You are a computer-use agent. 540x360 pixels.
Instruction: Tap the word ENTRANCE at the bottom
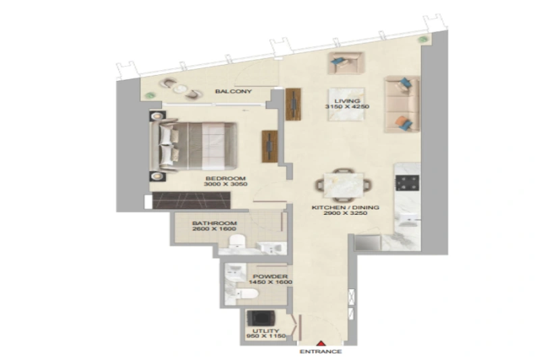321,352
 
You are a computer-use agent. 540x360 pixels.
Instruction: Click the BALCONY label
234,91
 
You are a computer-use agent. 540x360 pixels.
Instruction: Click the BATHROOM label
214,224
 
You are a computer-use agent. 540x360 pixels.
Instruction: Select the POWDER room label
271,277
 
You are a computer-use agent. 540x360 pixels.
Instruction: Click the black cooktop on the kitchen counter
408,182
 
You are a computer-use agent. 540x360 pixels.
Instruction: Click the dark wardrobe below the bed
191,200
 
